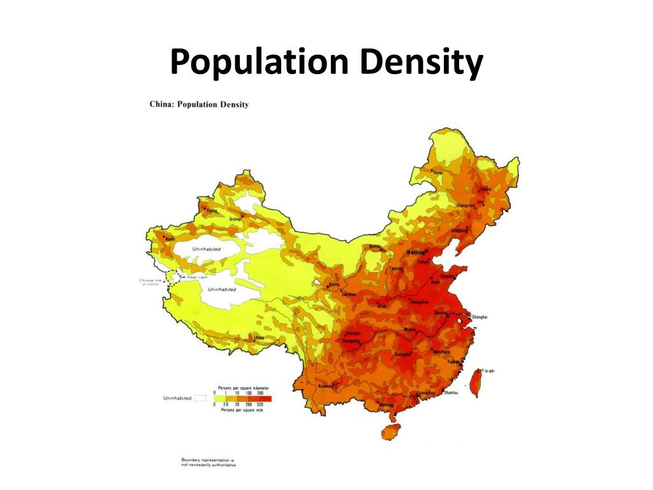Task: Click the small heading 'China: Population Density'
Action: [199, 104]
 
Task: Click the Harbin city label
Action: [485, 189]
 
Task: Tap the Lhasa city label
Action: [259, 337]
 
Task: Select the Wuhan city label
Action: [410, 330]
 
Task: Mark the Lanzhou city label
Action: [349, 294]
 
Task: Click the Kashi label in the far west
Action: [170, 238]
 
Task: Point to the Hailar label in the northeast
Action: [438, 172]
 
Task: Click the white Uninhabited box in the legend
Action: [200, 398]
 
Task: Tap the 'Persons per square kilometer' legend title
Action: [242, 388]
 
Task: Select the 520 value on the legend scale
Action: [261, 405]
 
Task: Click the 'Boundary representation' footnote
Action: [208, 461]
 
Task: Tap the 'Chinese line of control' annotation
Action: [152, 281]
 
